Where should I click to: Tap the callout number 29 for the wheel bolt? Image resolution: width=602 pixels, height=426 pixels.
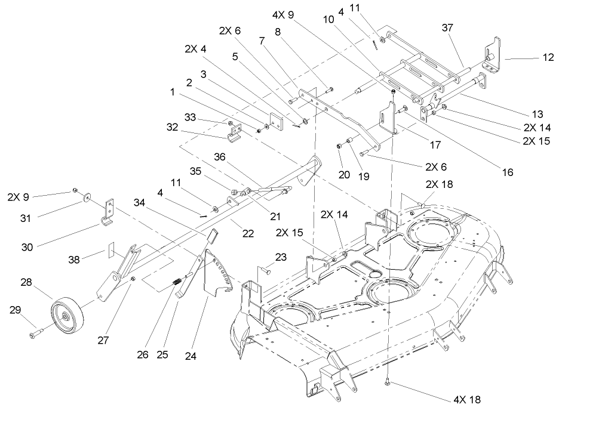(15, 309)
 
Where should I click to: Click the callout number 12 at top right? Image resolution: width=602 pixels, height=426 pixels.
(548, 58)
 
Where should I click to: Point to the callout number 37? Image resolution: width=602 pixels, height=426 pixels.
(448, 27)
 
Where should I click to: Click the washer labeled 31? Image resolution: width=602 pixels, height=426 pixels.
(88, 196)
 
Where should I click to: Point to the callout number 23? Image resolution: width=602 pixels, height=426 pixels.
(281, 257)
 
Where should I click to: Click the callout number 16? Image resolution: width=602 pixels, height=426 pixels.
(507, 172)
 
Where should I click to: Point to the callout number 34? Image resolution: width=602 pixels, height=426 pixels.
(139, 203)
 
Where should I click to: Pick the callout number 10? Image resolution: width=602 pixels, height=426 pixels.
(329, 19)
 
